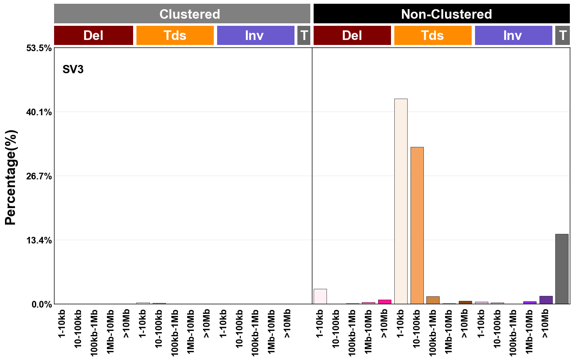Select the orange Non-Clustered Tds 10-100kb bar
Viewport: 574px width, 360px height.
tap(417, 225)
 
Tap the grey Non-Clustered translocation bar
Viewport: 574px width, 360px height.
tap(562, 269)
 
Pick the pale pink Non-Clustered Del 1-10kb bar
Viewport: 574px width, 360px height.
tap(320, 296)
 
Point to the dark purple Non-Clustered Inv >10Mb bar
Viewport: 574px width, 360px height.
tap(546, 300)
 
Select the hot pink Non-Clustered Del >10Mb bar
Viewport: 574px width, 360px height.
tap(384, 302)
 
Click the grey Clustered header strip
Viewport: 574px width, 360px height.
tap(182, 14)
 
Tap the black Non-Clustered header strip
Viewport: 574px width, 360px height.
tap(441, 14)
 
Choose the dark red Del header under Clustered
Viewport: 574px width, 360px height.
tap(93, 35)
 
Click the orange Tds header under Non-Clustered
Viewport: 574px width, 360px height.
tap(433, 35)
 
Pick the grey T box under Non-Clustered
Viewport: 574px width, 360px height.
tap(563, 35)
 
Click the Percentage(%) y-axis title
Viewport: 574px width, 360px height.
tap(11, 177)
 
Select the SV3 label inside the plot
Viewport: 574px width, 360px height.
tap(73, 70)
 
